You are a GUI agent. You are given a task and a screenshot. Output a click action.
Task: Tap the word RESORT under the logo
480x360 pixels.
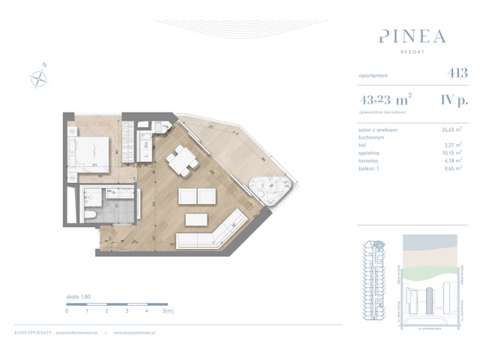point(412,52)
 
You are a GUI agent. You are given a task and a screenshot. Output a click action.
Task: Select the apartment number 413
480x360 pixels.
point(457,73)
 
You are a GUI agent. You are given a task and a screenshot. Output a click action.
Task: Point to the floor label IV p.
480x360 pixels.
point(454,97)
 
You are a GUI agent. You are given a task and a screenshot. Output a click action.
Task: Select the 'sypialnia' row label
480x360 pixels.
point(372,151)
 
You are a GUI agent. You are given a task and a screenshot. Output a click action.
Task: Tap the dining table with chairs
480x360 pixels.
point(181,159)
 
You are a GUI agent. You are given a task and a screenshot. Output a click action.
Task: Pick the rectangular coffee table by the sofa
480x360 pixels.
point(196,220)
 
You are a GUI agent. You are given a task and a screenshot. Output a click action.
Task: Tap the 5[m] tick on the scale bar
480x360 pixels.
point(167,310)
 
